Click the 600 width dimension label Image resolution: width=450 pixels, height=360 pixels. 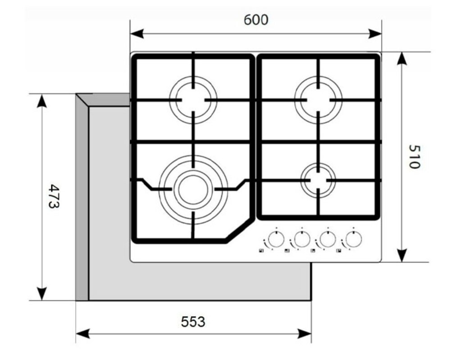click(x=256, y=20)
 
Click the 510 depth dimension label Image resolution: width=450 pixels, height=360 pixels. click(x=414, y=157)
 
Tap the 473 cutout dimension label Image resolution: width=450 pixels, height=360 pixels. click(x=54, y=196)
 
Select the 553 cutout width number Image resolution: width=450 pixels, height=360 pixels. click(x=193, y=322)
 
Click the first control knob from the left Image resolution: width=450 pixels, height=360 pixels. click(x=276, y=239)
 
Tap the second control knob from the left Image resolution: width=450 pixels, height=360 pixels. click(x=302, y=239)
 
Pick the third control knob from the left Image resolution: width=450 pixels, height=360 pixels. click(x=327, y=239)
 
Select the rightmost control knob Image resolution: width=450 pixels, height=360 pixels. click(x=353, y=239)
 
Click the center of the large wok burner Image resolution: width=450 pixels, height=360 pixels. click(x=193, y=189)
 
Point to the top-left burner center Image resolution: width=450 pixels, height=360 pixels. click(x=193, y=100)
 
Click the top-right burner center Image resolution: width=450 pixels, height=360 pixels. click(x=318, y=100)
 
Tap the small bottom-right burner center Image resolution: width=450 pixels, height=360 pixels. click(x=318, y=180)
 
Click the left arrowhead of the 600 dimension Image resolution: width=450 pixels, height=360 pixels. click(x=136, y=34)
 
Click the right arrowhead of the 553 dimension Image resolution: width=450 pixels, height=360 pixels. click(x=305, y=333)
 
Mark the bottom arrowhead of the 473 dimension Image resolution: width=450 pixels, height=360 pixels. click(x=42, y=293)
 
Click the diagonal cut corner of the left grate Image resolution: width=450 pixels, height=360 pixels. click(x=239, y=229)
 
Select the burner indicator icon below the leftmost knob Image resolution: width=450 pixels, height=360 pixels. click(x=261, y=251)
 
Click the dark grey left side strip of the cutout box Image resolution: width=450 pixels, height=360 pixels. click(x=82, y=197)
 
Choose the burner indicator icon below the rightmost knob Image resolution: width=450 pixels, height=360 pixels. click(x=339, y=251)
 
